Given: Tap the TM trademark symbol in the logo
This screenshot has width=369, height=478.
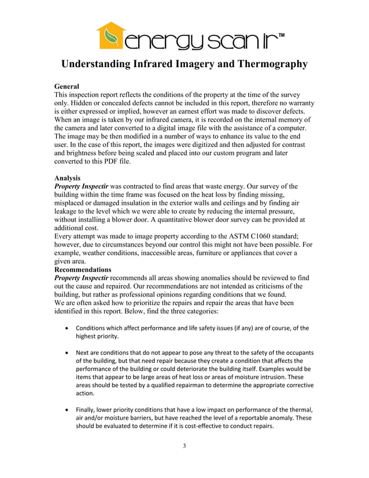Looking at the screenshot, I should click(281, 36).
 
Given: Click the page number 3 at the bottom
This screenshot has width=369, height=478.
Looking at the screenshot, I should click(184, 445).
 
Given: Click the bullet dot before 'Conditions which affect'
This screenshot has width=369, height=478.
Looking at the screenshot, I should click(68, 328).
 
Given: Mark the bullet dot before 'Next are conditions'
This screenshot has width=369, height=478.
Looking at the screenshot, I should click(68, 353).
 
